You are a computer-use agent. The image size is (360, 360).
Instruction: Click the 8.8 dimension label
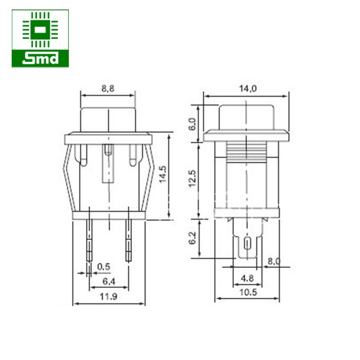click(x=108, y=89)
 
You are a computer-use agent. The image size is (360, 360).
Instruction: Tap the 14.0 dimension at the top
click(x=247, y=89)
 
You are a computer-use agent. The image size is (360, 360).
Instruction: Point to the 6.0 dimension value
click(x=192, y=123)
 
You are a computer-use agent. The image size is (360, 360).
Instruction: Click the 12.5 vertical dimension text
click(x=192, y=179)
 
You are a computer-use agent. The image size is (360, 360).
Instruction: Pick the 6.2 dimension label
click(x=192, y=238)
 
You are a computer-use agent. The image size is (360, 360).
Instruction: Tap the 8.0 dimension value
click(x=274, y=261)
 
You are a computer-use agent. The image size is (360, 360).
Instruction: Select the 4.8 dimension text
click(x=247, y=279)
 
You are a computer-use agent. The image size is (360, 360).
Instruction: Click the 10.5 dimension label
click(x=247, y=292)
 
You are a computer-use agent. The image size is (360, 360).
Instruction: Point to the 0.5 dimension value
click(x=103, y=266)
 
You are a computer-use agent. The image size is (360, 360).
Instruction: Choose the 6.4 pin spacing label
click(x=108, y=281)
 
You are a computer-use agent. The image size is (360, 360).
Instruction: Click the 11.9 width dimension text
click(x=108, y=297)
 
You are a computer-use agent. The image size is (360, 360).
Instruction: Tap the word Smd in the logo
click(x=40, y=58)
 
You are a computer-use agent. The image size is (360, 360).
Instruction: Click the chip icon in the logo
click(x=40, y=30)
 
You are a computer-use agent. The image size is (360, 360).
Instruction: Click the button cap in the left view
click(x=108, y=119)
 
